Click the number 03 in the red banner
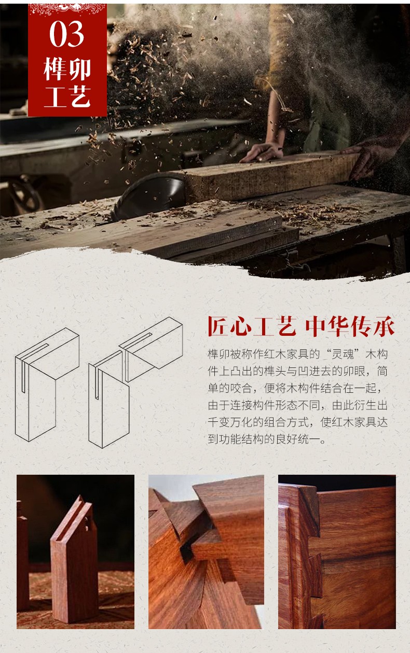coord(67,34)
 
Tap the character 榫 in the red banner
coord(54,69)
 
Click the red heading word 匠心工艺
coord(252,327)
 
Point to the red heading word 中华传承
coord(350,327)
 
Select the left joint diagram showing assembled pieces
coord(47,385)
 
